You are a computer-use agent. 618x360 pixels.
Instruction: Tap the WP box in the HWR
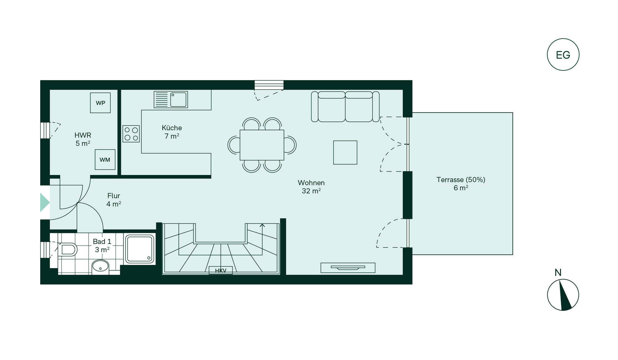point(100,103)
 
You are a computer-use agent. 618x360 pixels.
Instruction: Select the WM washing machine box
point(105,160)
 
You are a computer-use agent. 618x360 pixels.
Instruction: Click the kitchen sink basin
point(178,100)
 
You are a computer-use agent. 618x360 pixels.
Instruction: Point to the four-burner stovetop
point(131,134)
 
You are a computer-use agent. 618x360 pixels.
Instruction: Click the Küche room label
point(172,128)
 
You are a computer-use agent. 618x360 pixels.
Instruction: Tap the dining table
point(262,145)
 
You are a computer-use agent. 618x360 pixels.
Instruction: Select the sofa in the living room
point(345,107)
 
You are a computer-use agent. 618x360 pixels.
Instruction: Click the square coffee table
point(345,153)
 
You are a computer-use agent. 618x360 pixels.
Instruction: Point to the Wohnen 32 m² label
point(311,187)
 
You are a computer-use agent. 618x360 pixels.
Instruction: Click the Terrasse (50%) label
point(461,180)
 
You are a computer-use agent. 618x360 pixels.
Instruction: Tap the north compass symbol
point(563,295)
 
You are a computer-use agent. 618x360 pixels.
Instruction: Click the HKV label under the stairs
point(221,271)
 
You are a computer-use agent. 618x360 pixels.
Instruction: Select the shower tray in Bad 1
point(140,249)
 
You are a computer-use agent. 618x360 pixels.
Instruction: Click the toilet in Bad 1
point(68,250)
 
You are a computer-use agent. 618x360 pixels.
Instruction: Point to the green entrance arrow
point(45,203)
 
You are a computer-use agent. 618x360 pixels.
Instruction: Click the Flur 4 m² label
point(114,200)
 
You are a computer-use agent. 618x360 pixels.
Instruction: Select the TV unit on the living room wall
point(348,268)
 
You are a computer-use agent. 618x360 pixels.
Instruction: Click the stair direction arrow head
point(262,225)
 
